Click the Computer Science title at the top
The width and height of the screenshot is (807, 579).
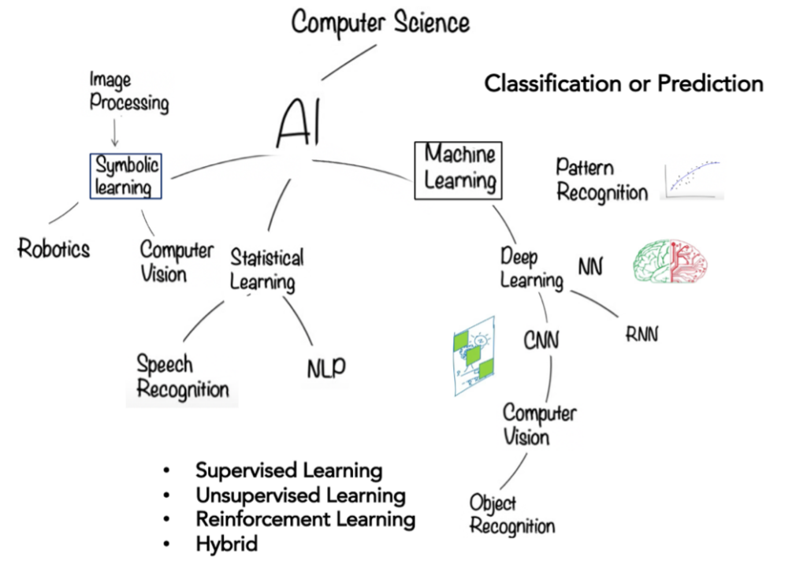(x=381, y=23)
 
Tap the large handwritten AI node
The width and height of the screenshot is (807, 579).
(x=299, y=122)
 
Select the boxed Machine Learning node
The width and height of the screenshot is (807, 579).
(x=458, y=170)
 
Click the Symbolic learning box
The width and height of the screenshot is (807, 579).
(x=126, y=176)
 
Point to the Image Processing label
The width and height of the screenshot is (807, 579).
(x=128, y=91)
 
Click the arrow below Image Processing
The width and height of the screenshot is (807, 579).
(x=115, y=132)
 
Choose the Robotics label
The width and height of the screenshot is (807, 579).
(x=54, y=249)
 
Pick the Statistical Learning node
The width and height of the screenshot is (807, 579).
(x=266, y=270)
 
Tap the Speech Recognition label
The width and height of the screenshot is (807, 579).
(x=183, y=377)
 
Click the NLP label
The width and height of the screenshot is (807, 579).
(x=326, y=367)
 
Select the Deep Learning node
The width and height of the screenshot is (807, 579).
(x=532, y=269)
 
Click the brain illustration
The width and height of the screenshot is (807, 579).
(x=670, y=261)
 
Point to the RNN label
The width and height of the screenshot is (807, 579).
(x=642, y=335)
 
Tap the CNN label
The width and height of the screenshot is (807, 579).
(x=541, y=340)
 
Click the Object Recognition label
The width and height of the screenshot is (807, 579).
(x=512, y=514)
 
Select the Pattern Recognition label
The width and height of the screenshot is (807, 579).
(x=601, y=180)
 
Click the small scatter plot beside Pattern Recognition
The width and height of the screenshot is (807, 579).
(x=692, y=180)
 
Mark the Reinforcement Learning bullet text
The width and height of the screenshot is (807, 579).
(x=305, y=519)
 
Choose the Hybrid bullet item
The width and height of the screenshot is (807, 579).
(x=226, y=544)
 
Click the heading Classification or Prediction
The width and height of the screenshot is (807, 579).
(x=624, y=84)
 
